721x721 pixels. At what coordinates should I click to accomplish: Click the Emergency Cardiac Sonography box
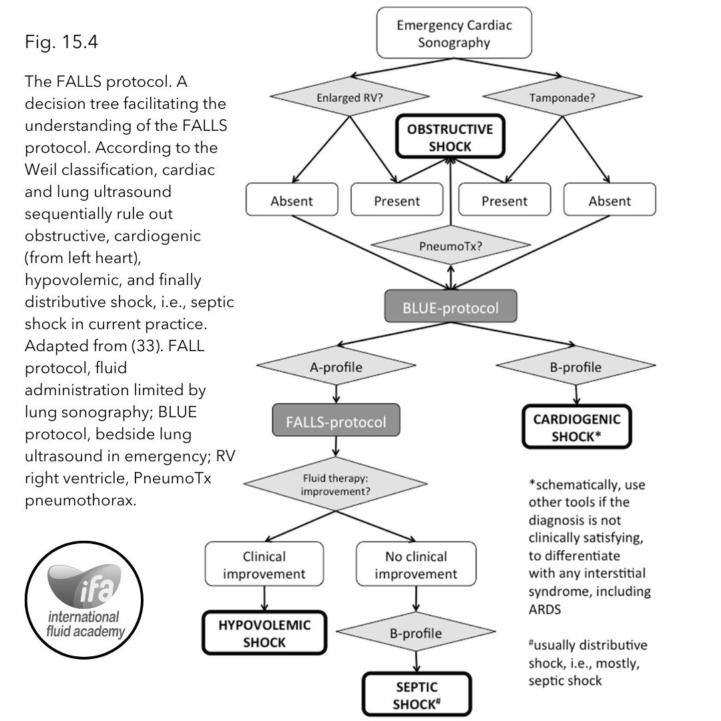pos(454,33)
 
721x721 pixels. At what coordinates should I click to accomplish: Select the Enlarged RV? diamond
pos(349,97)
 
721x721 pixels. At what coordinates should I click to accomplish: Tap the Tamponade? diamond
pos(562,97)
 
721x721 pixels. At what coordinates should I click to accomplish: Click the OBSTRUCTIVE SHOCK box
pos(450,137)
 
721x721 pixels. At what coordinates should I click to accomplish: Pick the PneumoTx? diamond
pos(451,245)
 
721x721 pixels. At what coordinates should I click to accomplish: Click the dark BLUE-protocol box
pos(451,306)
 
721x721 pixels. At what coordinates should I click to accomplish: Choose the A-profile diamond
pos(336,366)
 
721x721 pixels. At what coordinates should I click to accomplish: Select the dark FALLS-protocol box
pos(336,420)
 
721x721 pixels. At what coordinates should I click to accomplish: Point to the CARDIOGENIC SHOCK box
pos(577,427)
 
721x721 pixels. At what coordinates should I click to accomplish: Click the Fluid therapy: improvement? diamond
pos(336,484)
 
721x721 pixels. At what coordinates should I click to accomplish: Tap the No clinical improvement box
pos(416,563)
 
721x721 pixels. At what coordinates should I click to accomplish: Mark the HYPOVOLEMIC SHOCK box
pos(264,633)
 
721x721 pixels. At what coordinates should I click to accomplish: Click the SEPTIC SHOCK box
pos(417,694)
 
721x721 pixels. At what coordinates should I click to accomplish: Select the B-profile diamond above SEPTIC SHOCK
pos(416,632)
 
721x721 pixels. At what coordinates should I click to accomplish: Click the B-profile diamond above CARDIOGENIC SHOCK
pos(575,366)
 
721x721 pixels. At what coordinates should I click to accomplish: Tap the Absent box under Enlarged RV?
pos(292,200)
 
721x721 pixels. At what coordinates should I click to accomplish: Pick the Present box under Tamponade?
pos(505,200)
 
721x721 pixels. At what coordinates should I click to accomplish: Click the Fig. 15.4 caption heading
pos(61,42)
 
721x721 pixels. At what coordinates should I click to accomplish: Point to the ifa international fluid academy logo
pos(84,600)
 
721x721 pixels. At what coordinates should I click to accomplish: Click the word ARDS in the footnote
pos(545,610)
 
